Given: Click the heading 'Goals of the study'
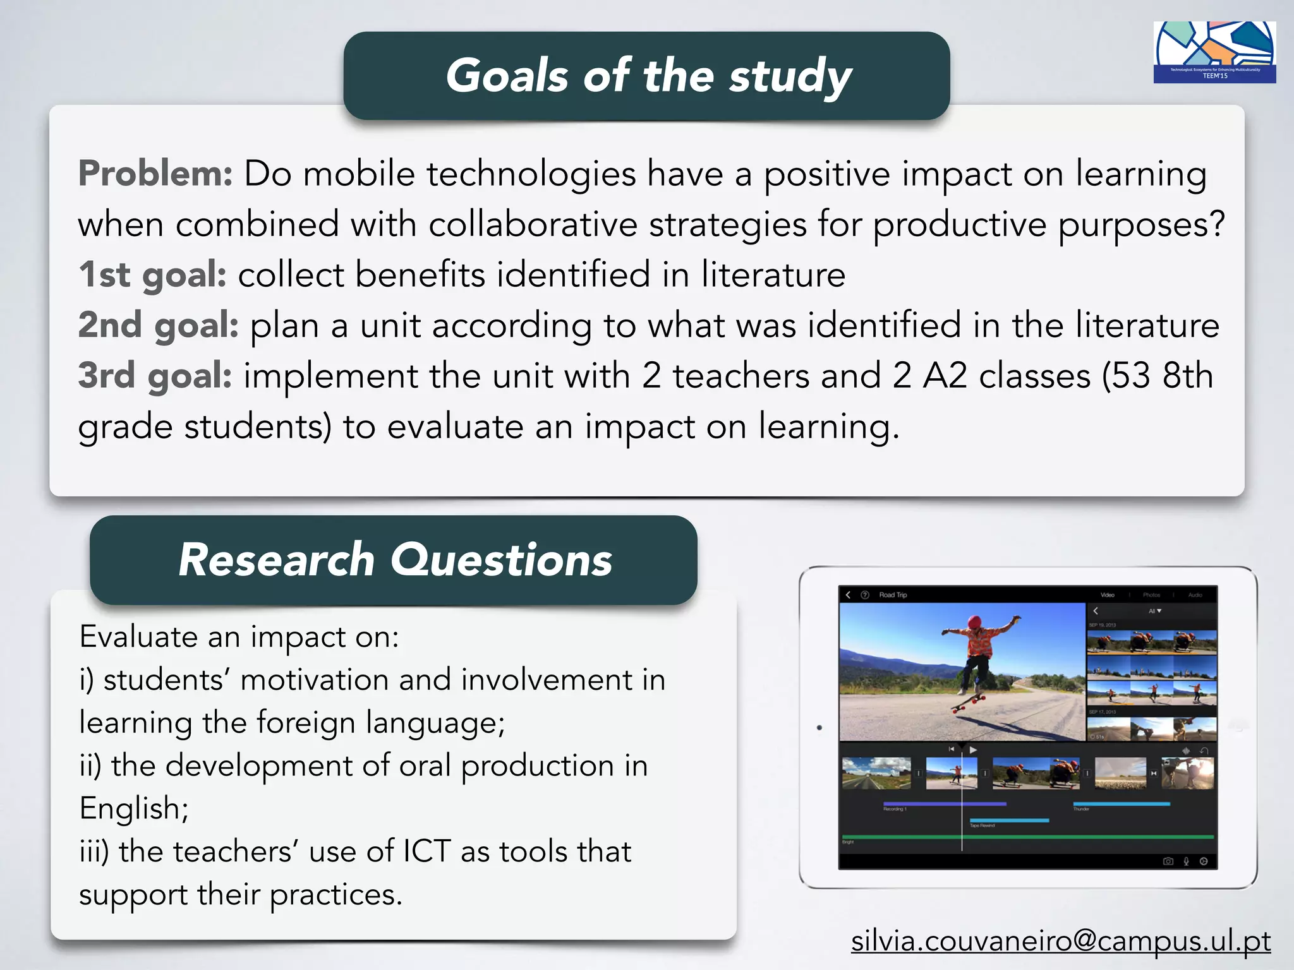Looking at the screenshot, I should pyautogui.click(x=648, y=76).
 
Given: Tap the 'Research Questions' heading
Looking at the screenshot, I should pyautogui.click(x=395, y=560).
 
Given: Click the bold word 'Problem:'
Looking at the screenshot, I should pyautogui.click(x=155, y=174).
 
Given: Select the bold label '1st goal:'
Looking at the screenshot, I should pyautogui.click(x=152, y=275).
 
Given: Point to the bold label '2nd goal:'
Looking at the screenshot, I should pyautogui.click(x=159, y=325).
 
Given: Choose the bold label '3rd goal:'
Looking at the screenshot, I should pyautogui.click(x=155, y=376).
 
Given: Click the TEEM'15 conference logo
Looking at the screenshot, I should pyautogui.click(x=1214, y=52).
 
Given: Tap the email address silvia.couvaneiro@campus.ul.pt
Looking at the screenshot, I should pyautogui.click(x=1060, y=941).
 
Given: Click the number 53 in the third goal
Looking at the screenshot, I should pyautogui.click(x=1131, y=376).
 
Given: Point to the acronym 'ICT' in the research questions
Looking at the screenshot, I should pyautogui.click(x=427, y=851).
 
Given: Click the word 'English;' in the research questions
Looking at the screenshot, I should pyautogui.click(x=134, y=808).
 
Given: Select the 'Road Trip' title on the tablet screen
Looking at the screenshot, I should pyautogui.click(x=893, y=595).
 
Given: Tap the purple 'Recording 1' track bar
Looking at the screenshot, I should pyautogui.click(x=945, y=804).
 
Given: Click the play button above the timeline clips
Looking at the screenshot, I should pyautogui.click(x=973, y=750).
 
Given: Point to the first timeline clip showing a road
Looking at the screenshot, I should pyautogui.click(x=876, y=774).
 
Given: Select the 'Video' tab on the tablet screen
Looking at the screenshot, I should pyautogui.click(x=1107, y=595).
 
